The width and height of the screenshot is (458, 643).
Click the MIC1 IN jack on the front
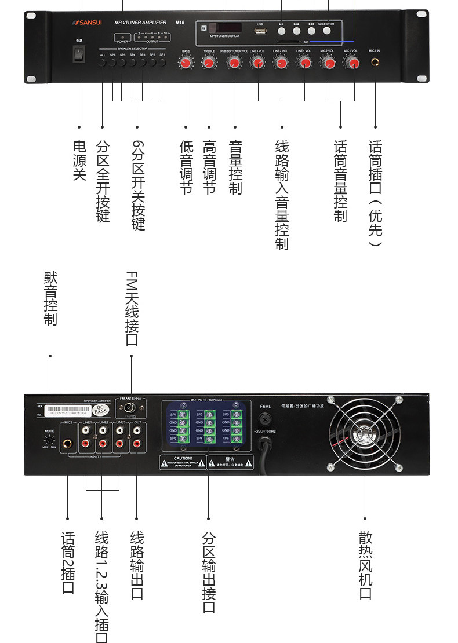(x=375, y=61)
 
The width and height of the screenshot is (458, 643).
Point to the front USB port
(x=260, y=31)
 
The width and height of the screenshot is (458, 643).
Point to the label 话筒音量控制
(x=340, y=181)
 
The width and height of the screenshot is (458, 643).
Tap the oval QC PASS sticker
(x=101, y=410)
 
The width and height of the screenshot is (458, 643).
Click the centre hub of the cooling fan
(x=365, y=432)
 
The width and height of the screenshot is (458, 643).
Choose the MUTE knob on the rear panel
(x=50, y=440)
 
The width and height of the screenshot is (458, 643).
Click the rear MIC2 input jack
(x=68, y=444)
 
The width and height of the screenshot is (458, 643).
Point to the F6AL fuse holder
(x=266, y=419)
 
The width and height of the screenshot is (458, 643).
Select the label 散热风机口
(x=365, y=565)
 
